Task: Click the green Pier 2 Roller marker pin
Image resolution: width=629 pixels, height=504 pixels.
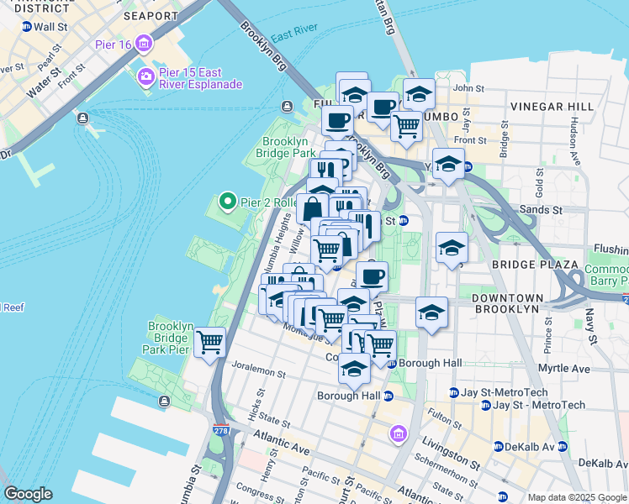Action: pos(226,202)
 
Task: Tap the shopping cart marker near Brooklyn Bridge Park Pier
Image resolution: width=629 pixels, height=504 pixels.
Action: pos(209,343)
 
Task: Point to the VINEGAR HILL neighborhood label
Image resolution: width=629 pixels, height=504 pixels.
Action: pos(551,108)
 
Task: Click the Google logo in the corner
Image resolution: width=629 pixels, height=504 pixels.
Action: pos(28,493)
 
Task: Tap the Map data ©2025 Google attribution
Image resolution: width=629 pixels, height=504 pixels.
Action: pos(576,497)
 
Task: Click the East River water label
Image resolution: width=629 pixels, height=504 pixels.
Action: pos(293,35)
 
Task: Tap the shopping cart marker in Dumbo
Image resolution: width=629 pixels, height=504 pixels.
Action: pos(406,127)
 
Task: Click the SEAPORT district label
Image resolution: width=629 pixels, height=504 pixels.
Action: pos(151,15)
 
